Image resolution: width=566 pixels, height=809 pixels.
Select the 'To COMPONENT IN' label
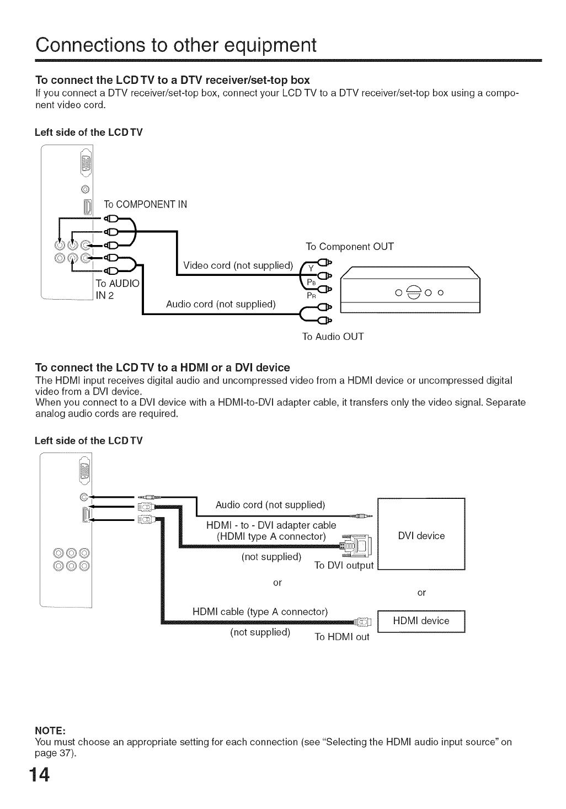[145, 204]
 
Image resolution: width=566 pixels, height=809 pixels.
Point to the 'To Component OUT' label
[350, 246]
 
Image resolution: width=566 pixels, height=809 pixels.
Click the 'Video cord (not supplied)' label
[238, 265]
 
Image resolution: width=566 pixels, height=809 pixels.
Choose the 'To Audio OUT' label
[333, 336]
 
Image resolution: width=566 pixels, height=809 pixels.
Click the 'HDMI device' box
[421, 621]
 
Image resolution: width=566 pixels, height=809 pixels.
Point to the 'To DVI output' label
[344, 565]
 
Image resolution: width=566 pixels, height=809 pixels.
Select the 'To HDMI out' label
[341, 637]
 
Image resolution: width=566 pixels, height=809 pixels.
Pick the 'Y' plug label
[311, 269]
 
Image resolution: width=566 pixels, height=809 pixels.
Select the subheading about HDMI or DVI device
[162, 367]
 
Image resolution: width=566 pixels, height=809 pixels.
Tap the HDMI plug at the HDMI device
[364, 622]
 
